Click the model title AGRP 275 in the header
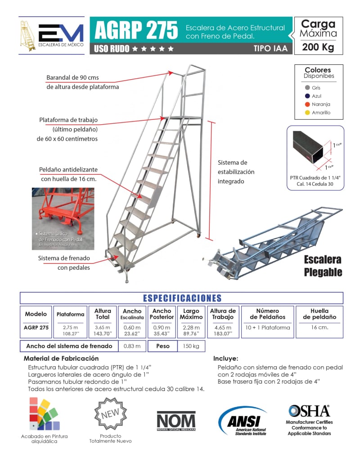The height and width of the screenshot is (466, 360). pos(136,31)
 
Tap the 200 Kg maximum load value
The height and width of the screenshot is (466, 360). pos(318,47)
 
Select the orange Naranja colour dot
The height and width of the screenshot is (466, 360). pos(307,104)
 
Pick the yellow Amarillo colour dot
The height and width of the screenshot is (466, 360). pos(307,113)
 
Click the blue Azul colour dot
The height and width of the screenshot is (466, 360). pos(307,96)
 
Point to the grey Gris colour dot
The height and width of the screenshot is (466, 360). pos(307,88)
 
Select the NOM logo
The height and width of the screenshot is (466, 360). pos(176,421)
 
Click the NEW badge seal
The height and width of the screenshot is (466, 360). pos(110,415)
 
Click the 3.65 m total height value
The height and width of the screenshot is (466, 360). pos(103,327)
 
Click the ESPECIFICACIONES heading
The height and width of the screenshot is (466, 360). pos(182,298)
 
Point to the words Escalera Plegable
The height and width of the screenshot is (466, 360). pos(323,266)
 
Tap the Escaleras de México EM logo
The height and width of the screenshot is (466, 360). pos(51,36)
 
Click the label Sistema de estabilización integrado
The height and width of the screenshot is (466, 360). pos(236,172)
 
